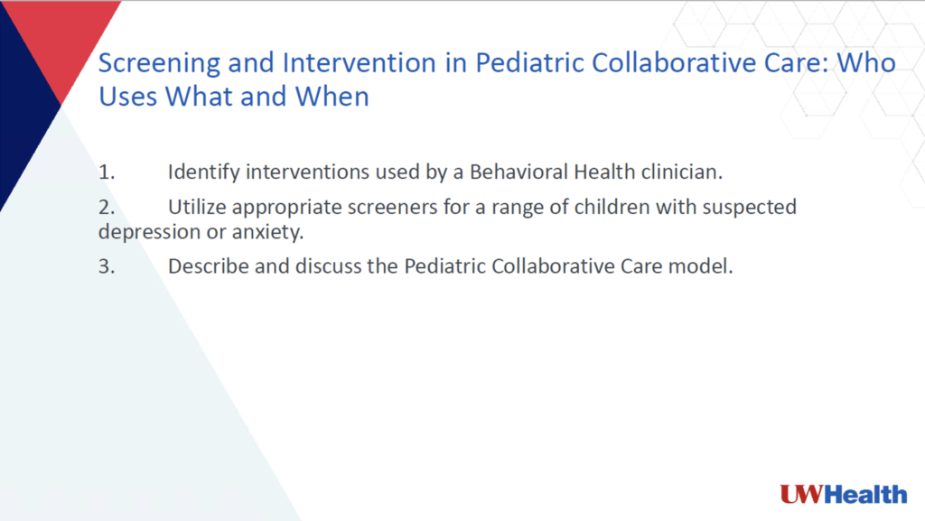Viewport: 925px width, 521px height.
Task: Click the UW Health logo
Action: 843,494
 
